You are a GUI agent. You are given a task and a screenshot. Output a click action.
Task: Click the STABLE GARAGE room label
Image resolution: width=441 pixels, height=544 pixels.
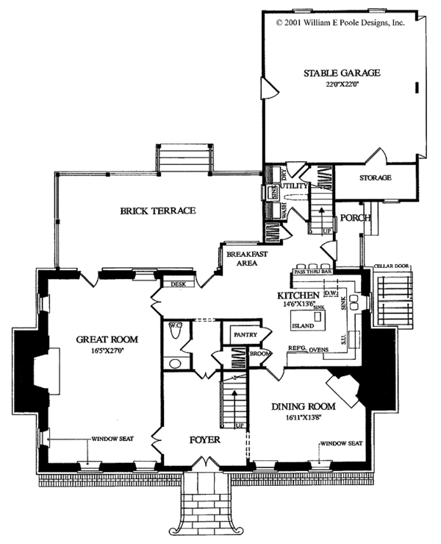point(342,73)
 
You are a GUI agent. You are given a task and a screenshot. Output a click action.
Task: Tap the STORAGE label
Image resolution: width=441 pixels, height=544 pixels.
point(375,178)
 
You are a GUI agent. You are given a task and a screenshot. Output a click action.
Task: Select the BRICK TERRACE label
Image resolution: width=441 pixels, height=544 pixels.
point(158,211)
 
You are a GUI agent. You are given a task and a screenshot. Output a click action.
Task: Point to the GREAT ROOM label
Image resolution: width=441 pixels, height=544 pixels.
point(107,339)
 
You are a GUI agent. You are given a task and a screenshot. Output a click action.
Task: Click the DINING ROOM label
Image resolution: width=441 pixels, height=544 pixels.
point(304,406)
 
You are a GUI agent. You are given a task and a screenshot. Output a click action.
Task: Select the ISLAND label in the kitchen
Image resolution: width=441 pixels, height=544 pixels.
point(304,325)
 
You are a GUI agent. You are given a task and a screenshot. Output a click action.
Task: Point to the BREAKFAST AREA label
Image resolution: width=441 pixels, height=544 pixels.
point(246,258)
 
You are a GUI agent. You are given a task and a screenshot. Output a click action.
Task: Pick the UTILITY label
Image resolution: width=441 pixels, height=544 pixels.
point(295,186)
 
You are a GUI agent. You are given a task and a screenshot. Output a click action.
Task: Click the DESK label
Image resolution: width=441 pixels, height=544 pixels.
point(176,283)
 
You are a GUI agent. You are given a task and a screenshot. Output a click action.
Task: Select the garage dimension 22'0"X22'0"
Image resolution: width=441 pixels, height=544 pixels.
point(342,84)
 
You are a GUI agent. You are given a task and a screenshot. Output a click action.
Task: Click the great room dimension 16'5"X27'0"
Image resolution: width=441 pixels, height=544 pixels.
point(107,351)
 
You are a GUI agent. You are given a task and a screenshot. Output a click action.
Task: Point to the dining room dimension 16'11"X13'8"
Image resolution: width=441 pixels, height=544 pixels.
point(304,417)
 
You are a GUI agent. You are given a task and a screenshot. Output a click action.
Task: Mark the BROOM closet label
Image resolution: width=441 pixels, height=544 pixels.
point(260,354)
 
